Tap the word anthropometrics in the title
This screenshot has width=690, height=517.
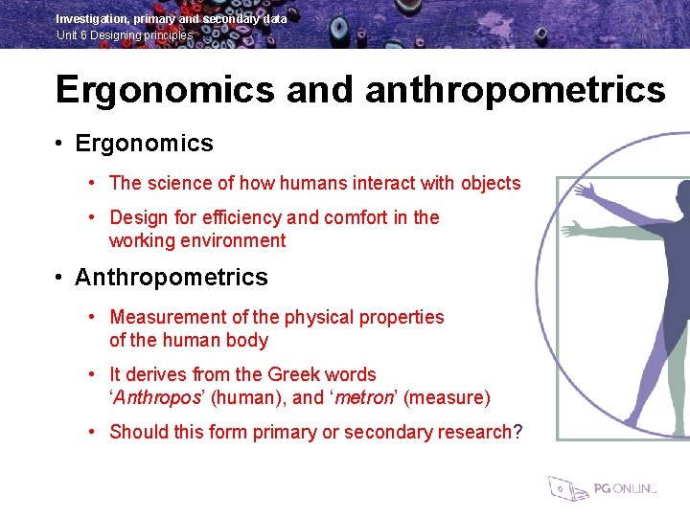[x=515, y=90]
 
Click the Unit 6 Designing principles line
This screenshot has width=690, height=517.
[x=125, y=35]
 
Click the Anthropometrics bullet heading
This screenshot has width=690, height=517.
[x=172, y=278]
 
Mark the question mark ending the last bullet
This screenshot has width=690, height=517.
[x=518, y=432]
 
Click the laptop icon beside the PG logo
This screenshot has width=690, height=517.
[x=565, y=488]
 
